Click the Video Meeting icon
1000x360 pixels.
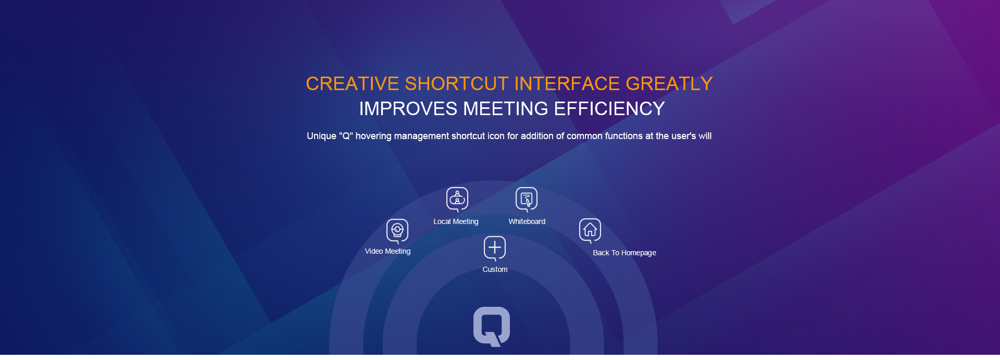tap(397, 231)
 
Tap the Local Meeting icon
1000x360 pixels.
tap(457, 199)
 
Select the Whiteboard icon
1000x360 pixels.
tap(527, 199)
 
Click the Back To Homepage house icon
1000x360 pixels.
tap(590, 230)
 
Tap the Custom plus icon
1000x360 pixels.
tap(495, 248)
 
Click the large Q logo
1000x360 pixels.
tap(492, 326)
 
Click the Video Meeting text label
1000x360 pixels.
tap(387, 251)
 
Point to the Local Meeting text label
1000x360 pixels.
tap(456, 221)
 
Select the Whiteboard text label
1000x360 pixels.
tap(527, 221)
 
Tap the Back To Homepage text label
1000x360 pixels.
tap(624, 253)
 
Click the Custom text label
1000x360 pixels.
tap(495, 269)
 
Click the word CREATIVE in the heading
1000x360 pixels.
tap(353, 84)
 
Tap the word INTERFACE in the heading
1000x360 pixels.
tap(567, 84)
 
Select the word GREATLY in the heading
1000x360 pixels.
tap(669, 84)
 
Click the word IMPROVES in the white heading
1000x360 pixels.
tap(408, 109)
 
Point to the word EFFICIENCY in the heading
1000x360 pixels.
tap(609, 109)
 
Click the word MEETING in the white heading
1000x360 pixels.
tap(506, 109)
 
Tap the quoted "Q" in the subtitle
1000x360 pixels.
tap(346, 136)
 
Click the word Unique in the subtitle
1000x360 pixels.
tap(321, 136)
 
